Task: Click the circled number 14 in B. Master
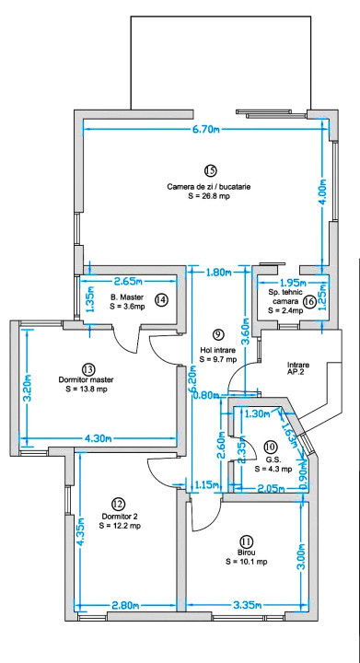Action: point(162,299)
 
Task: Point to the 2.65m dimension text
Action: point(132,282)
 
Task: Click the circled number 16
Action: point(309,300)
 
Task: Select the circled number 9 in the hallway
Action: point(218,333)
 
